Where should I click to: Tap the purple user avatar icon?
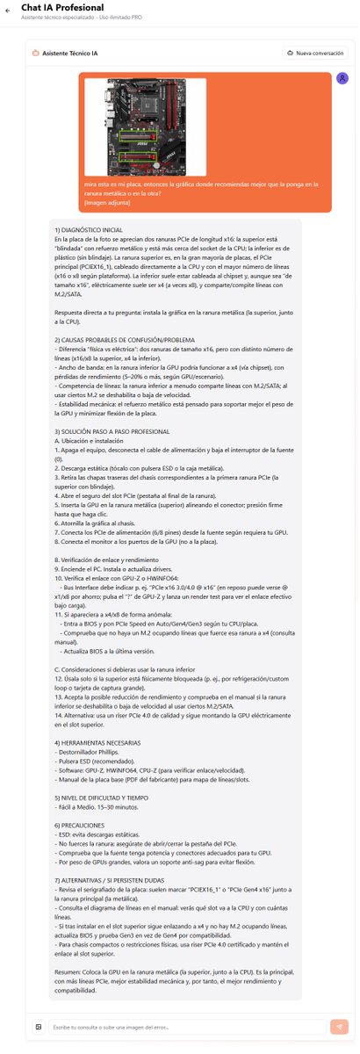[342, 78]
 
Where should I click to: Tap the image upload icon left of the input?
[39, 1026]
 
